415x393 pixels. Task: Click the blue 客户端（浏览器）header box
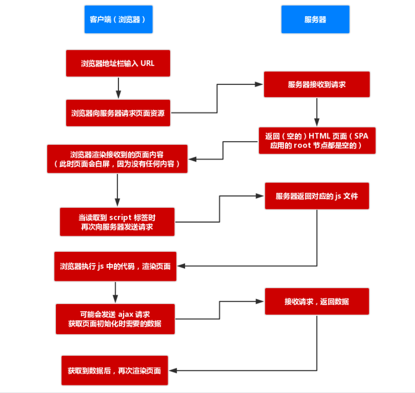point(118,20)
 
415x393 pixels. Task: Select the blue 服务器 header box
point(315,20)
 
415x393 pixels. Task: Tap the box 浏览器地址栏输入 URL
point(118,63)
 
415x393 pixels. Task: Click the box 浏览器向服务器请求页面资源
point(118,113)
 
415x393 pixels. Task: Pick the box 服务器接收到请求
point(317,84)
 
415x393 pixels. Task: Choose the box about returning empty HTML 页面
point(317,141)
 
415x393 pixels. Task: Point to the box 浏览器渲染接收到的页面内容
point(117,159)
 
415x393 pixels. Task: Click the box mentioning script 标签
point(117,222)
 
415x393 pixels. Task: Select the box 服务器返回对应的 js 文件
point(317,196)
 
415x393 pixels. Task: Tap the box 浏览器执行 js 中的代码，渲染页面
point(115,266)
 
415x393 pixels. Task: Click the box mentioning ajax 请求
point(115,319)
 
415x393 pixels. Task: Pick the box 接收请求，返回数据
point(317,301)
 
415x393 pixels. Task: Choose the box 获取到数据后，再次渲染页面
point(114,371)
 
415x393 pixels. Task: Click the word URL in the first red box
point(147,63)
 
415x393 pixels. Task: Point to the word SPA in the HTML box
point(361,136)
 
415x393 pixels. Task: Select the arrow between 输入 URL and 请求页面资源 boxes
point(118,88)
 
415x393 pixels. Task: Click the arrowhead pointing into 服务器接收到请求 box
point(260,84)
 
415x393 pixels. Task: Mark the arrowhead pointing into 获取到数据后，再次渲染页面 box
point(172,371)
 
